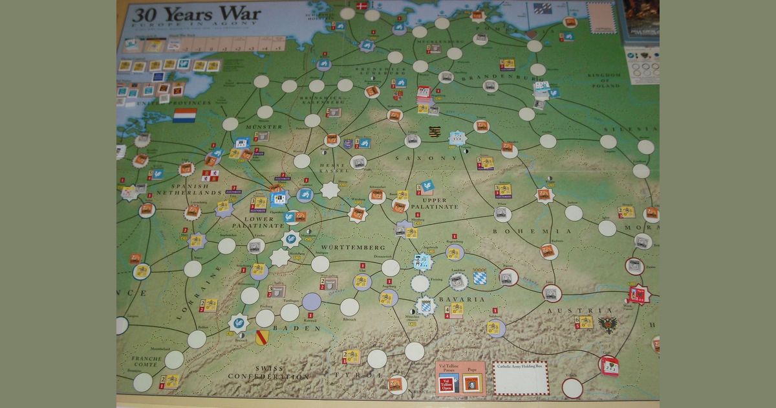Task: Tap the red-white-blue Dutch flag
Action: [x=184, y=115]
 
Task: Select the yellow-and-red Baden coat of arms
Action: [x=262, y=337]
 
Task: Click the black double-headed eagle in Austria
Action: [x=608, y=324]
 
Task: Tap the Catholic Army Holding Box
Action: [x=521, y=378]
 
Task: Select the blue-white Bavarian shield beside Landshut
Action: [x=479, y=277]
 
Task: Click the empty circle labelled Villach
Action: [x=572, y=387]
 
